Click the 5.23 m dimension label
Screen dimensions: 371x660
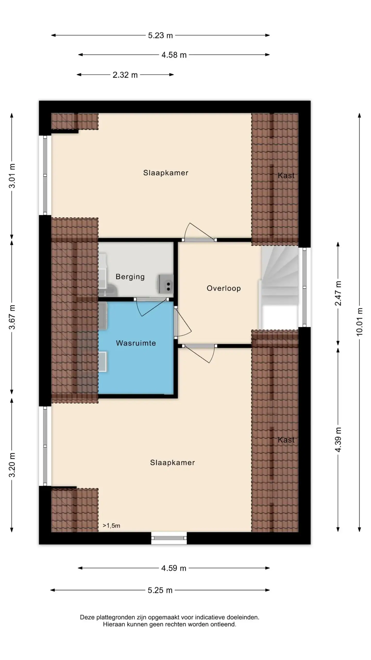click(x=160, y=35)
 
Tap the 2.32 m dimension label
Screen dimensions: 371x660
click(x=125, y=75)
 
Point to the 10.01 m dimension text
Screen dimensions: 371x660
click(x=360, y=322)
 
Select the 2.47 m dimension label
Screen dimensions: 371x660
click(x=338, y=293)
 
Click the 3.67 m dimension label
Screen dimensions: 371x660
click(x=12, y=317)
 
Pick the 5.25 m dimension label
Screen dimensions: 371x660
click(x=160, y=590)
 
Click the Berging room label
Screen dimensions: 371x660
click(x=130, y=277)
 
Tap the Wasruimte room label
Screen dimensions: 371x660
click(x=136, y=343)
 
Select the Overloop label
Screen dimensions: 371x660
click(x=224, y=288)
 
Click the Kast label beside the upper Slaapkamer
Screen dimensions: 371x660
click(x=286, y=176)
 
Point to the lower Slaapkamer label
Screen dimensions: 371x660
click(x=172, y=463)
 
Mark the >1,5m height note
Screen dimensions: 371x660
click(x=111, y=526)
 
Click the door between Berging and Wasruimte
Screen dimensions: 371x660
click(x=151, y=307)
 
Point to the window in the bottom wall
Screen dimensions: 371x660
click(x=169, y=538)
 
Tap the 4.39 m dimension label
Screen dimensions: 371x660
click(x=338, y=441)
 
